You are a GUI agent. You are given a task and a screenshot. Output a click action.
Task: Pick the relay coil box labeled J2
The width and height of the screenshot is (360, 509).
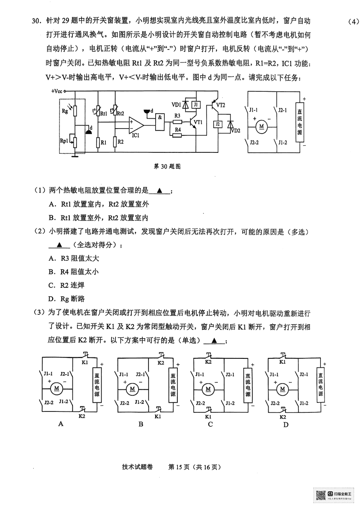point(218,125)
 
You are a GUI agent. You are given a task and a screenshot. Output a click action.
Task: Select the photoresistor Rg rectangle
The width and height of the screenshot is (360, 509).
point(75,111)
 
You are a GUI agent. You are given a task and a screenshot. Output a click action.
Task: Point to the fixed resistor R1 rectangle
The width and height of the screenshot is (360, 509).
point(98,143)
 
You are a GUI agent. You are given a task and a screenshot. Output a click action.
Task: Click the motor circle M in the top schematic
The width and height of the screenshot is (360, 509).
point(261,127)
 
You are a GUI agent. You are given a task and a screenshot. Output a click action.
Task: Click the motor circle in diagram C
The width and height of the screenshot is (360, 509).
point(207,388)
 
